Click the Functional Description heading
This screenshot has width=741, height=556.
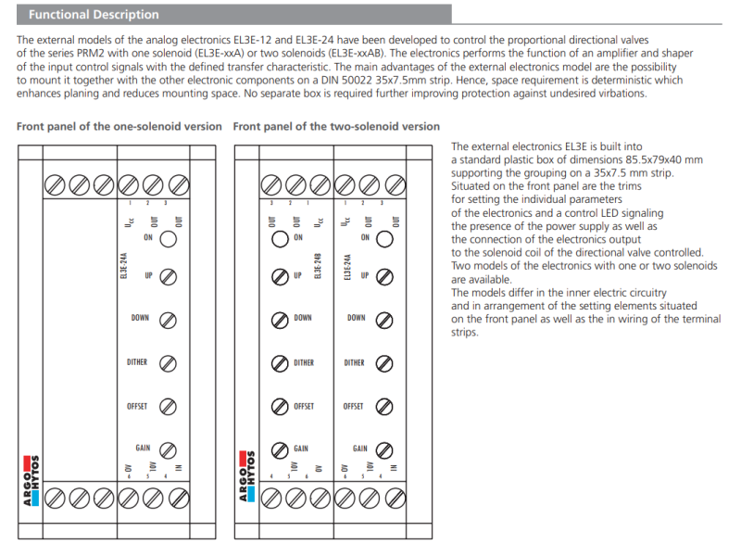point(94,15)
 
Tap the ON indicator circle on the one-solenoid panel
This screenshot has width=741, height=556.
point(169,239)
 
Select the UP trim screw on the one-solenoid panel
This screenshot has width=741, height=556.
point(169,277)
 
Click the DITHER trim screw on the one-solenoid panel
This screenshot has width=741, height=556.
point(169,362)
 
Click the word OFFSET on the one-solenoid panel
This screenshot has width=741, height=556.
point(137,407)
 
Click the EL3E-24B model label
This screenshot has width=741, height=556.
point(318,264)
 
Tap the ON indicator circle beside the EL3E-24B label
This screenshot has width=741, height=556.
point(279,238)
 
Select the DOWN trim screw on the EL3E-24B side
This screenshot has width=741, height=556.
point(279,320)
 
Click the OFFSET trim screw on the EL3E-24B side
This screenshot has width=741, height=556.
point(279,407)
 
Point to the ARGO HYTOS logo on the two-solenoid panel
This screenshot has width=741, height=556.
point(245,477)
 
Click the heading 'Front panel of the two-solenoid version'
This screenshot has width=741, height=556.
point(336,126)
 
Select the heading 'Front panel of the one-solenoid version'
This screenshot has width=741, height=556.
point(119,126)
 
